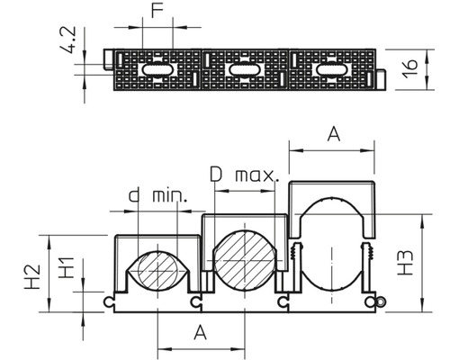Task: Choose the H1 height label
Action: [x=59, y=268]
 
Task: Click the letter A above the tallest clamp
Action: [x=332, y=134]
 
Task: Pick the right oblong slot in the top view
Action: [x=329, y=69]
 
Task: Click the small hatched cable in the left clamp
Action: [x=157, y=271]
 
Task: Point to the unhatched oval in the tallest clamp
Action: [x=331, y=248]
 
